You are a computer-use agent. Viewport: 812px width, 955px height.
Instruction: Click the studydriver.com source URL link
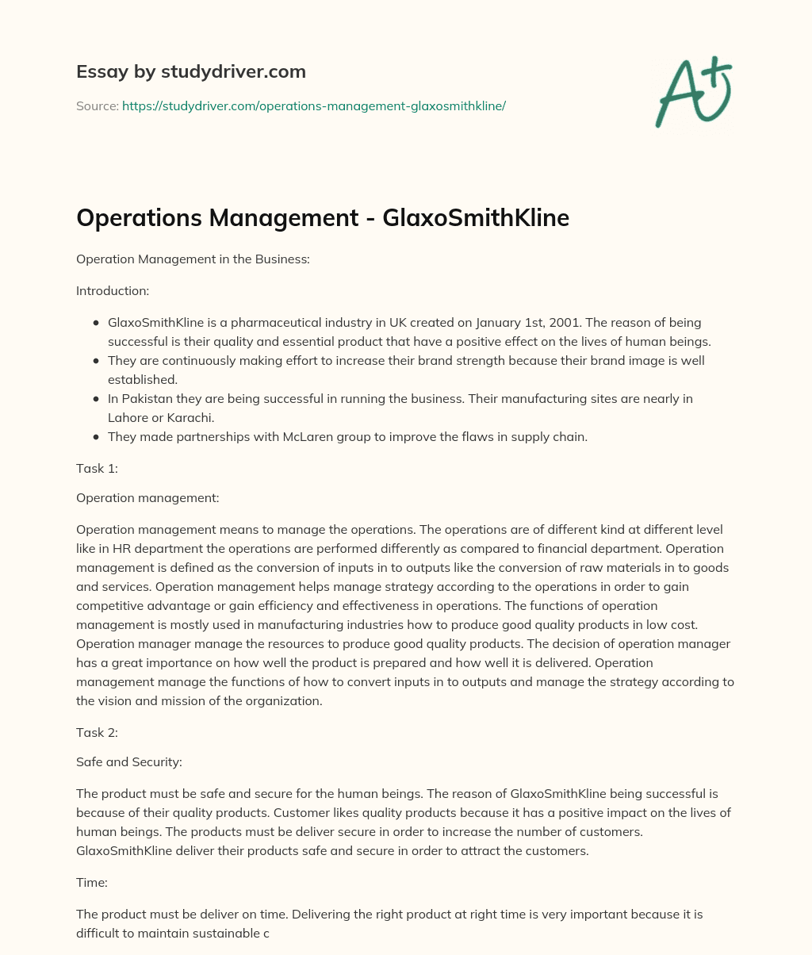(313, 105)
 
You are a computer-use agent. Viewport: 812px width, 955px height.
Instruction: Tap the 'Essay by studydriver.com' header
(190, 71)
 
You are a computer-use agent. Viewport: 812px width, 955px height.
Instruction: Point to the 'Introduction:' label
(113, 291)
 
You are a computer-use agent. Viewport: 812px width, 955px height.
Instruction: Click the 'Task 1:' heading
(97, 468)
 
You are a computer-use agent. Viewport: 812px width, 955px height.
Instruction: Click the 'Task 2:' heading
(97, 733)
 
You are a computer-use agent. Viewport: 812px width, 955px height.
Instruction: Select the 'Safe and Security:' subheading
(129, 762)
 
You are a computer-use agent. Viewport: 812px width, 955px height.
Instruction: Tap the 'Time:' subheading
(92, 885)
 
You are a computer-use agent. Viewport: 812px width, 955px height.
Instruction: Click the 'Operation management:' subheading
(147, 498)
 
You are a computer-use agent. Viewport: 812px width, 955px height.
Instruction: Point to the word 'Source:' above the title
(97, 105)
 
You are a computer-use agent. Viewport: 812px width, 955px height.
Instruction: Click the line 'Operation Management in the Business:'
(193, 259)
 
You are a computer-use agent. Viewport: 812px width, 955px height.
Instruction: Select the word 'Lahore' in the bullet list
(127, 417)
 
